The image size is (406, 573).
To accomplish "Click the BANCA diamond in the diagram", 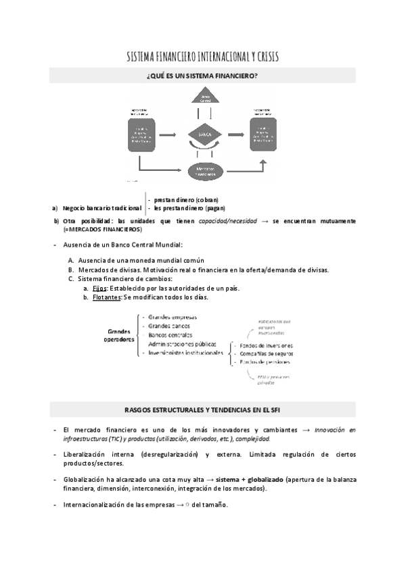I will [x=205, y=134].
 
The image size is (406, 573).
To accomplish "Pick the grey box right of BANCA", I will [x=264, y=134].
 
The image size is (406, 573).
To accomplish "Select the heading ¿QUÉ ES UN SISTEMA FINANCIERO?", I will [x=202, y=76].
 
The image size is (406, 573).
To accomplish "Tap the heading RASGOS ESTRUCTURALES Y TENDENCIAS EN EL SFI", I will [x=202, y=409].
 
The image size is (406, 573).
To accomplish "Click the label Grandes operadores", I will [x=119, y=335].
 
